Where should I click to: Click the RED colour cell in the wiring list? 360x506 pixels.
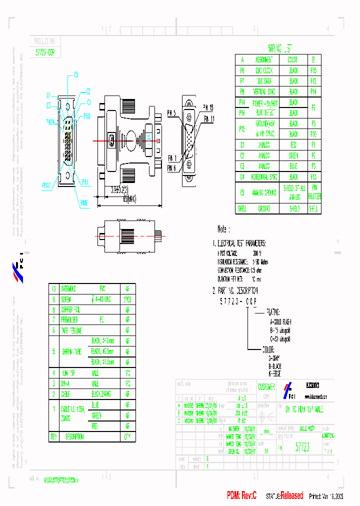(x=293, y=144)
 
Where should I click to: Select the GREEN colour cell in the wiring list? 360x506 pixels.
(x=293, y=155)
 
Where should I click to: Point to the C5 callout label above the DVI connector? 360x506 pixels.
(x=76, y=75)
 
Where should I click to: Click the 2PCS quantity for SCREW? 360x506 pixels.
(x=128, y=299)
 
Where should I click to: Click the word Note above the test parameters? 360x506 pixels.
(x=222, y=229)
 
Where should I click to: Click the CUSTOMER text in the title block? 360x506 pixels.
(x=266, y=387)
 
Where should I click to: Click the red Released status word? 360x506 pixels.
(x=291, y=495)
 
